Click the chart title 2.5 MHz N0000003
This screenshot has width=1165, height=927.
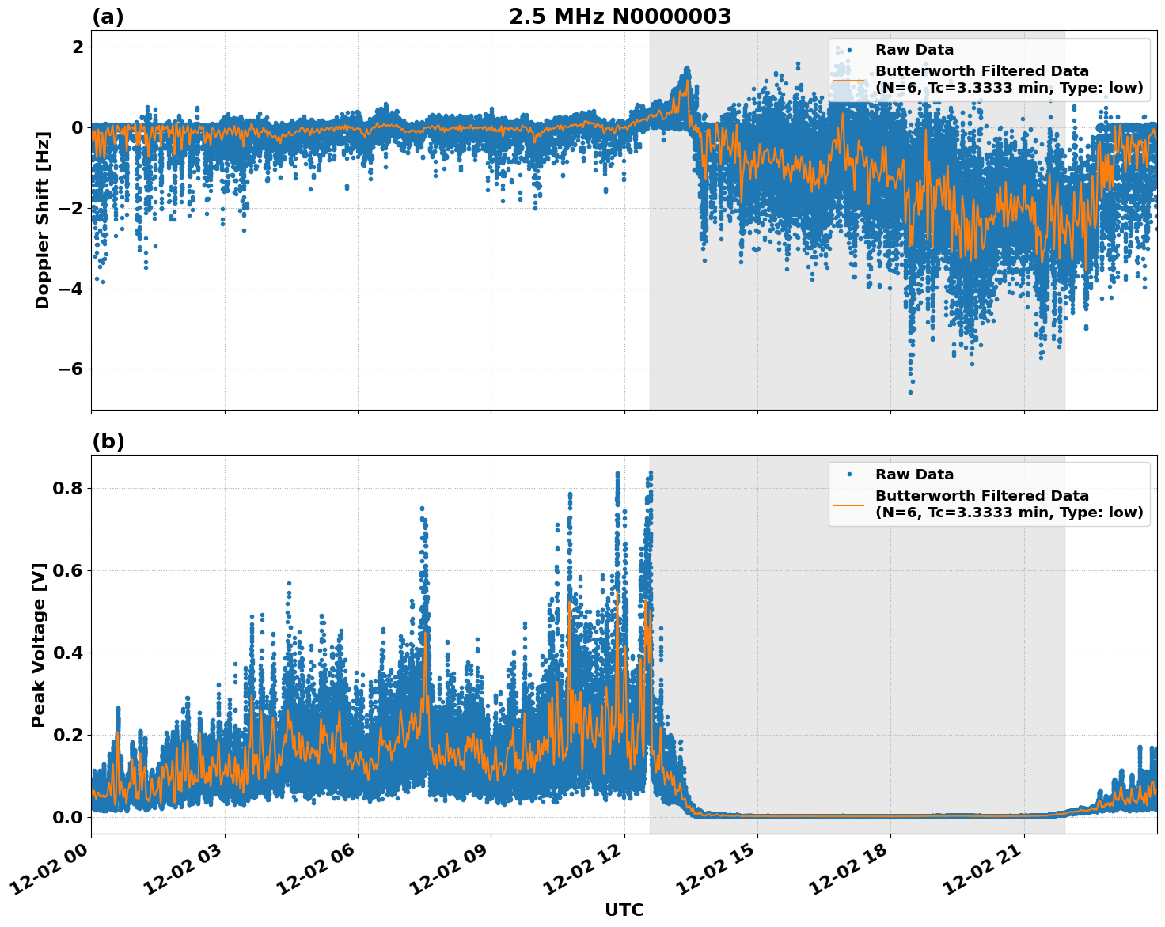click(x=620, y=17)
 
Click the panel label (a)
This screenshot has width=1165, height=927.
click(x=108, y=17)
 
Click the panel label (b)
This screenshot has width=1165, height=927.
click(x=108, y=441)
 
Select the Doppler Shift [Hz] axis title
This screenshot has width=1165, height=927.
click(x=43, y=220)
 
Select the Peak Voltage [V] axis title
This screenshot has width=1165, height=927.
click(x=39, y=645)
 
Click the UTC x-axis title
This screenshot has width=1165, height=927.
click(x=624, y=910)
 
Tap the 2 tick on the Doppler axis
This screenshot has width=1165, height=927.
click(x=78, y=47)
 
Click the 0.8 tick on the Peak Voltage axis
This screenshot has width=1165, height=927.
click(x=68, y=489)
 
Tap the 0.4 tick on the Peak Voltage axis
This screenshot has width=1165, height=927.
click(x=68, y=653)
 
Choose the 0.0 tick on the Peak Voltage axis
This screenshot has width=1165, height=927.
click(x=68, y=817)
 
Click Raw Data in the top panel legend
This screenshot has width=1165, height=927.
click(x=914, y=50)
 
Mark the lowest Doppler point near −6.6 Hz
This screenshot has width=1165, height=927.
click(x=910, y=392)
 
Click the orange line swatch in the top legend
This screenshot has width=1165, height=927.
click(x=849, y=79)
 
